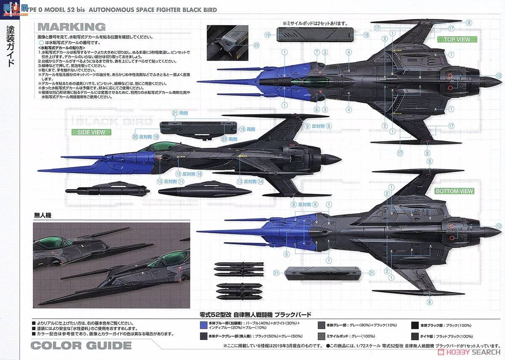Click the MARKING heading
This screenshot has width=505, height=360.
tap(72, 27)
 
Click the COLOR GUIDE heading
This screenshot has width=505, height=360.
tap(81, 346)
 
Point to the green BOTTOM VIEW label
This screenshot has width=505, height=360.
tap(454, 191)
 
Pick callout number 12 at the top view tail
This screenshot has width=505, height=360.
tap(499, 76)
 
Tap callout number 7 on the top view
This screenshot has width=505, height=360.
tap(316, 52)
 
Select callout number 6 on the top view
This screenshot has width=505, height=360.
tap(316, 109)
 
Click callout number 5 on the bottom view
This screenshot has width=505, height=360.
tap(287, 254)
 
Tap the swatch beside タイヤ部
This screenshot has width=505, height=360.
tap(414, 336)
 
